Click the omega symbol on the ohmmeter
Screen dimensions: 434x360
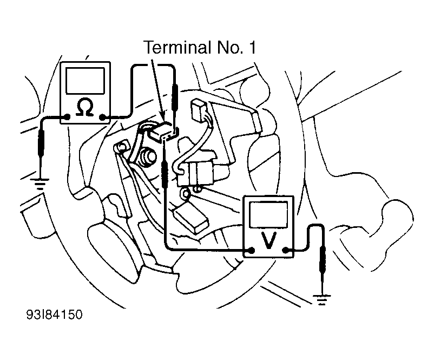pyautogui.click(x=85, y=107)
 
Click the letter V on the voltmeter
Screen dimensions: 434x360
pyautogui.click(x=268, y=240)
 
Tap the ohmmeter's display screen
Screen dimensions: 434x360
pyautogui.click(x=86, y=81)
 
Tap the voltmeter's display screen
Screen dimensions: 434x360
pyautogui.click(x=268, y=214)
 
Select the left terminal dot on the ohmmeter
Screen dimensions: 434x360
pyautogui.click(x=67, y=117)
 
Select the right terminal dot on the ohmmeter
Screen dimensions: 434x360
pyautogui.click(x=102, y=117)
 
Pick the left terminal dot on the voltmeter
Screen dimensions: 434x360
pyautogui.click(x=251, y=250)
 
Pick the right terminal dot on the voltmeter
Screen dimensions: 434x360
pyautogui.click(x=285, y=251)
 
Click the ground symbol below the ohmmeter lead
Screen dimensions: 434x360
pyautogui.click(x=41, y=184)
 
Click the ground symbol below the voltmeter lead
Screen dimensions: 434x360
pyautogui.click(x=322, y=299)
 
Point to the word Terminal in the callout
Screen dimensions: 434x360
pyautogui.click(x=175, y=47)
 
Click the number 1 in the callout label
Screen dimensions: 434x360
pyautogui.click(x=252, y=48)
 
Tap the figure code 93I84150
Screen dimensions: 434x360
pyautogui.click(x=55, y=315)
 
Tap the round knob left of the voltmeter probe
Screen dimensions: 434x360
pyautogui.click(x=148, y=157)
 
